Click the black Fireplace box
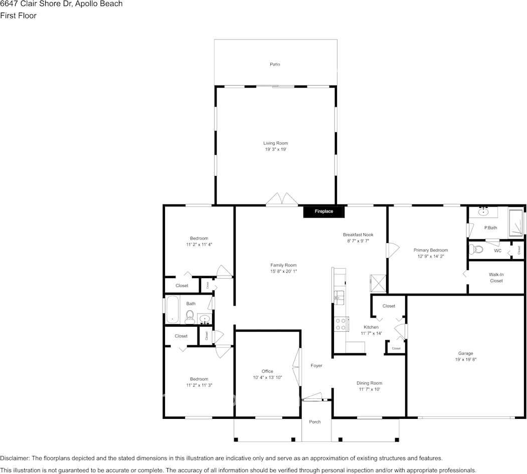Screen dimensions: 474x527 point(324,211)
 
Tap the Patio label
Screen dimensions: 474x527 point(275,65)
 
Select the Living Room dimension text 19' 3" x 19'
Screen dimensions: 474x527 point(276,149)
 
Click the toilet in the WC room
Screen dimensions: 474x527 point(477,250)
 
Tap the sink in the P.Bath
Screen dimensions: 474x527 point(484,212)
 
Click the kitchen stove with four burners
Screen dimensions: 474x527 point(341,324)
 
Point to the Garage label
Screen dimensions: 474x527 point(465,353)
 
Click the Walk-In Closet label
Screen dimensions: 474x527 point(496,278)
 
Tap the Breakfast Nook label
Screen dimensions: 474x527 point(358,234)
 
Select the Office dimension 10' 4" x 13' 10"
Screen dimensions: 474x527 point(267,377)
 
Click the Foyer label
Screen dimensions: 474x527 point(316,366)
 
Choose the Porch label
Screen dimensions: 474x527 point(315,422)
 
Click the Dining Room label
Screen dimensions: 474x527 point(370,383)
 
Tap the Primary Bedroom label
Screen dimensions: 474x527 point(430,250)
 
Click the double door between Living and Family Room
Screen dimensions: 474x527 point(282,199)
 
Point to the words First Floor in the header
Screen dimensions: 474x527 point(18,16)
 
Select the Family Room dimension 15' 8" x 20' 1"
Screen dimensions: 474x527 point(283,272)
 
